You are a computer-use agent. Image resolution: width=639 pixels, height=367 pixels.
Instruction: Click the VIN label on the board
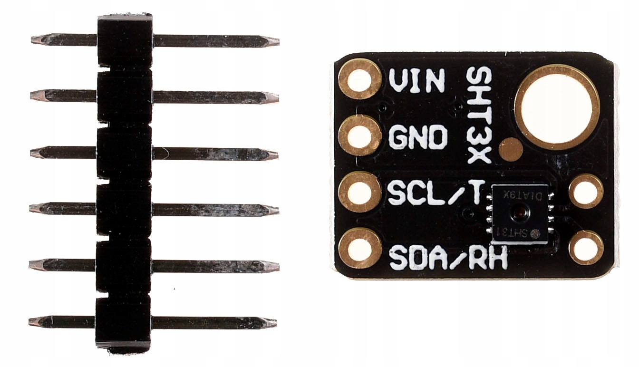point(416,81)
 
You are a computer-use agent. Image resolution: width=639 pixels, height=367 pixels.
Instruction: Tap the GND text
point(418,137)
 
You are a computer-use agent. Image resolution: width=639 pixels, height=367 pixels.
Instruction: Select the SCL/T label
point(436,193)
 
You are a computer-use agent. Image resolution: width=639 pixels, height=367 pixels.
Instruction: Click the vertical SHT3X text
point(478,115)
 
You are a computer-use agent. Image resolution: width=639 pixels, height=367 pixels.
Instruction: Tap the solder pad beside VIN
point(359,79)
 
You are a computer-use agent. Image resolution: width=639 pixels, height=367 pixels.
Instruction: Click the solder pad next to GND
point(360,136)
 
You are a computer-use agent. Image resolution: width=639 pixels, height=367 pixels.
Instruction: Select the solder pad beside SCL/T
point(360,193)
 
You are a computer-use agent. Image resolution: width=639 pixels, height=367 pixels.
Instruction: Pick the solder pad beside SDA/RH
point(360,248)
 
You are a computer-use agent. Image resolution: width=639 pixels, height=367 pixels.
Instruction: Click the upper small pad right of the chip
point(586,192)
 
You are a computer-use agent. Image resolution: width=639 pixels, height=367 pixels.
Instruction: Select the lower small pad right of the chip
point(586,247)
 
